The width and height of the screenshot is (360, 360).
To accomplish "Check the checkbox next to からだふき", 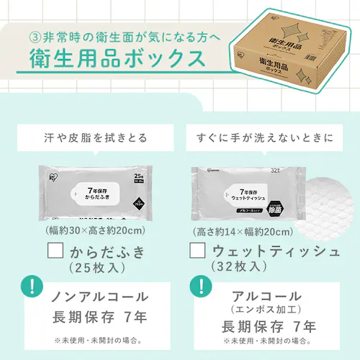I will pos(56,251).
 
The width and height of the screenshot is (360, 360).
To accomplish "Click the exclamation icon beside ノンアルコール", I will pos(32,286).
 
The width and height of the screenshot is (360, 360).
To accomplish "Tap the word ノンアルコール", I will pos(100,297).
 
